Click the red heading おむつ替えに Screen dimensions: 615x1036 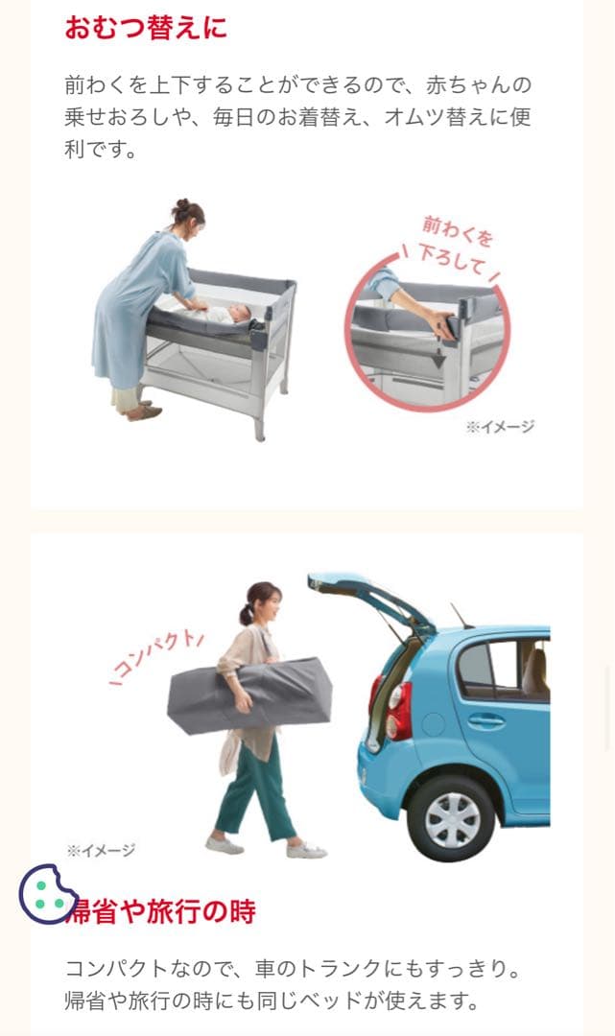click(146, 28)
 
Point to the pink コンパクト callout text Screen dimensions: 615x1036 click(157, 657)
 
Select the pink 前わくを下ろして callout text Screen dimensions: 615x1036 click(456, 246)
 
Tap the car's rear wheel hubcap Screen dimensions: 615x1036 click(452, 819)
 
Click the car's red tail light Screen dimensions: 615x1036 click(398, 711)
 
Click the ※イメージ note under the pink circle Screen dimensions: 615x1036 click(500, 427)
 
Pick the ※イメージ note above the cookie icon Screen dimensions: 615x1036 click(101, 850)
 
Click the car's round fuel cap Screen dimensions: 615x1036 click(434, 724)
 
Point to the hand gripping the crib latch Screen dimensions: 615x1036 click(440, 321)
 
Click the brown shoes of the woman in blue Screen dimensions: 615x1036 click(142, 411)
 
